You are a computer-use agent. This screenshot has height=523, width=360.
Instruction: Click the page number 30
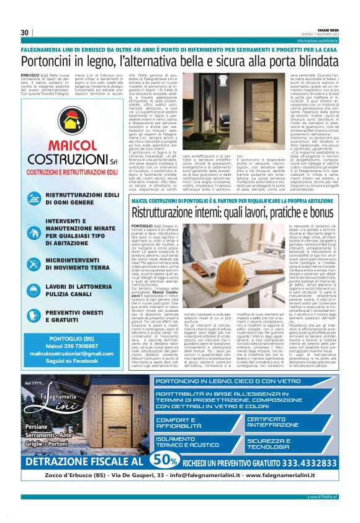pyautogui.click(x=25, y=33)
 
